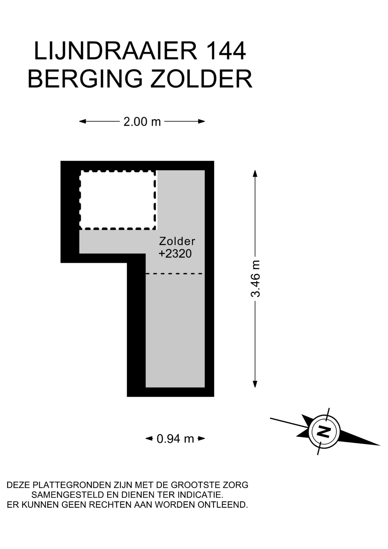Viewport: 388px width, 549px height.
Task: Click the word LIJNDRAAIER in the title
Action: coord(116,51)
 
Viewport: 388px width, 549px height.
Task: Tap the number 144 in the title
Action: coord(225,51)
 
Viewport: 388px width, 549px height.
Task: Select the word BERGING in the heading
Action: coord(85,79)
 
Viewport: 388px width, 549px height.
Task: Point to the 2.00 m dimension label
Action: coord(142,122)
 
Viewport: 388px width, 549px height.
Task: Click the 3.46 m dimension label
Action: coord(255,279)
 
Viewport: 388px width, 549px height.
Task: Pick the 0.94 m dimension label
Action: coord(175,438)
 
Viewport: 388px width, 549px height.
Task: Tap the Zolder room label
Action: coord(177,241)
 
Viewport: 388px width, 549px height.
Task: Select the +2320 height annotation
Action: coord(175,254)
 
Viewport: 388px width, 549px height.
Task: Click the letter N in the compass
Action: coord(324,431)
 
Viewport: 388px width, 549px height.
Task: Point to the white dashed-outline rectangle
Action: coord(118,200)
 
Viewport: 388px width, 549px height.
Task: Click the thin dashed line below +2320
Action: coord(174,274)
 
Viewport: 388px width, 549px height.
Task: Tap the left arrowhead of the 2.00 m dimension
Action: coord(83,121)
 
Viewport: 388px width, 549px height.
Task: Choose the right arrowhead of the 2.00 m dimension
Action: coord(202,121)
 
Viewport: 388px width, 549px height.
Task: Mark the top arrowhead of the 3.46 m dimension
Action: coord(255,174)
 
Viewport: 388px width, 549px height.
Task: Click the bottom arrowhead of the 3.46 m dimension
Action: coord(255,384)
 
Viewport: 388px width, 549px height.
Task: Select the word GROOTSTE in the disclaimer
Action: coord(195,485)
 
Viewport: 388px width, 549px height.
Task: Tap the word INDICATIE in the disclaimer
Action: coord(196,495)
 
